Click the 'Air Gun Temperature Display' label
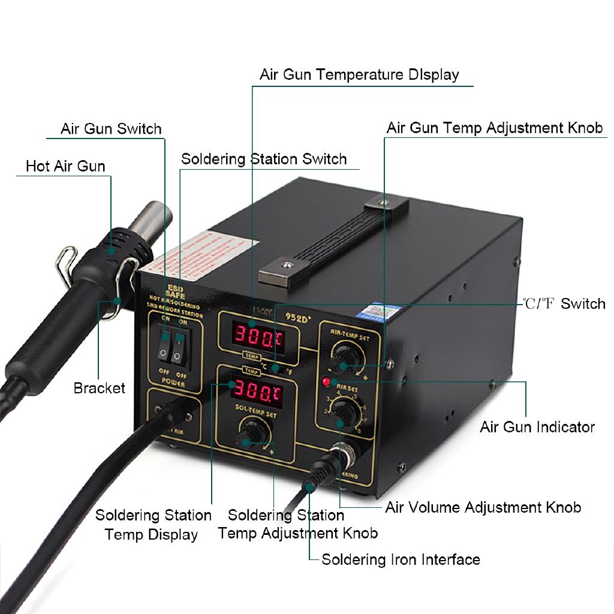click(359, 75)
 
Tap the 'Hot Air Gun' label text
click(65, 165)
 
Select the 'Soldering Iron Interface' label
click(401, 559)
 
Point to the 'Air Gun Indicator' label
click(537, 427)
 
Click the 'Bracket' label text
click(100, 388)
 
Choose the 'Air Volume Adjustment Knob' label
click(483, 508)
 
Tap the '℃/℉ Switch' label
click(564, 304)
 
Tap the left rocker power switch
click(163, 346)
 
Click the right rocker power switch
click(178, 347)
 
